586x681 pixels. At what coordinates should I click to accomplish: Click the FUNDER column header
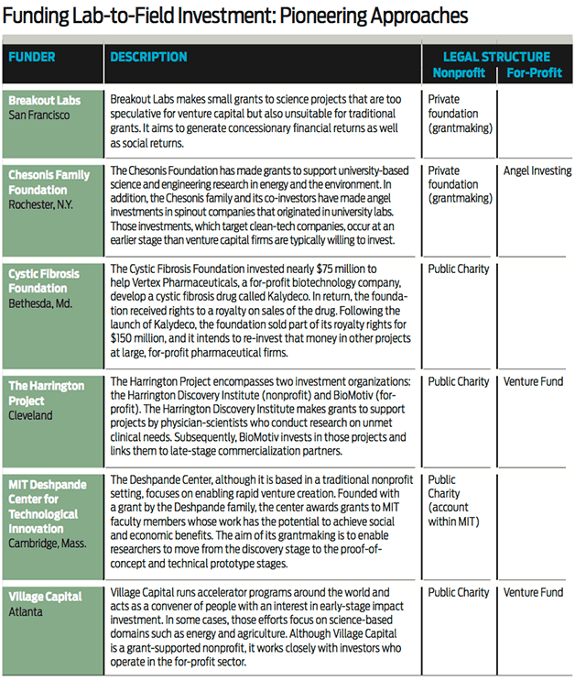(32, 57)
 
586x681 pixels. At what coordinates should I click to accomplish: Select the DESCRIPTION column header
(148, 57)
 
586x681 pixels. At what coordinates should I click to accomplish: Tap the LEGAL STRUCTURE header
(497, 57)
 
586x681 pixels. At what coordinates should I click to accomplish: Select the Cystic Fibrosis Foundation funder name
(44, 280)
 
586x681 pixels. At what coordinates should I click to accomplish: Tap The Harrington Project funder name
(47, 393)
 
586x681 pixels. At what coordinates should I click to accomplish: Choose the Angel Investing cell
(537, 170)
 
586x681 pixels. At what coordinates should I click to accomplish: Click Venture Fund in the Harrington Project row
(533, 381)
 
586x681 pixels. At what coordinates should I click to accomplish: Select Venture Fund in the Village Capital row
(533, 593)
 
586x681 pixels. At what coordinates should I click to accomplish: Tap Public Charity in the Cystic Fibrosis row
(459, 269)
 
